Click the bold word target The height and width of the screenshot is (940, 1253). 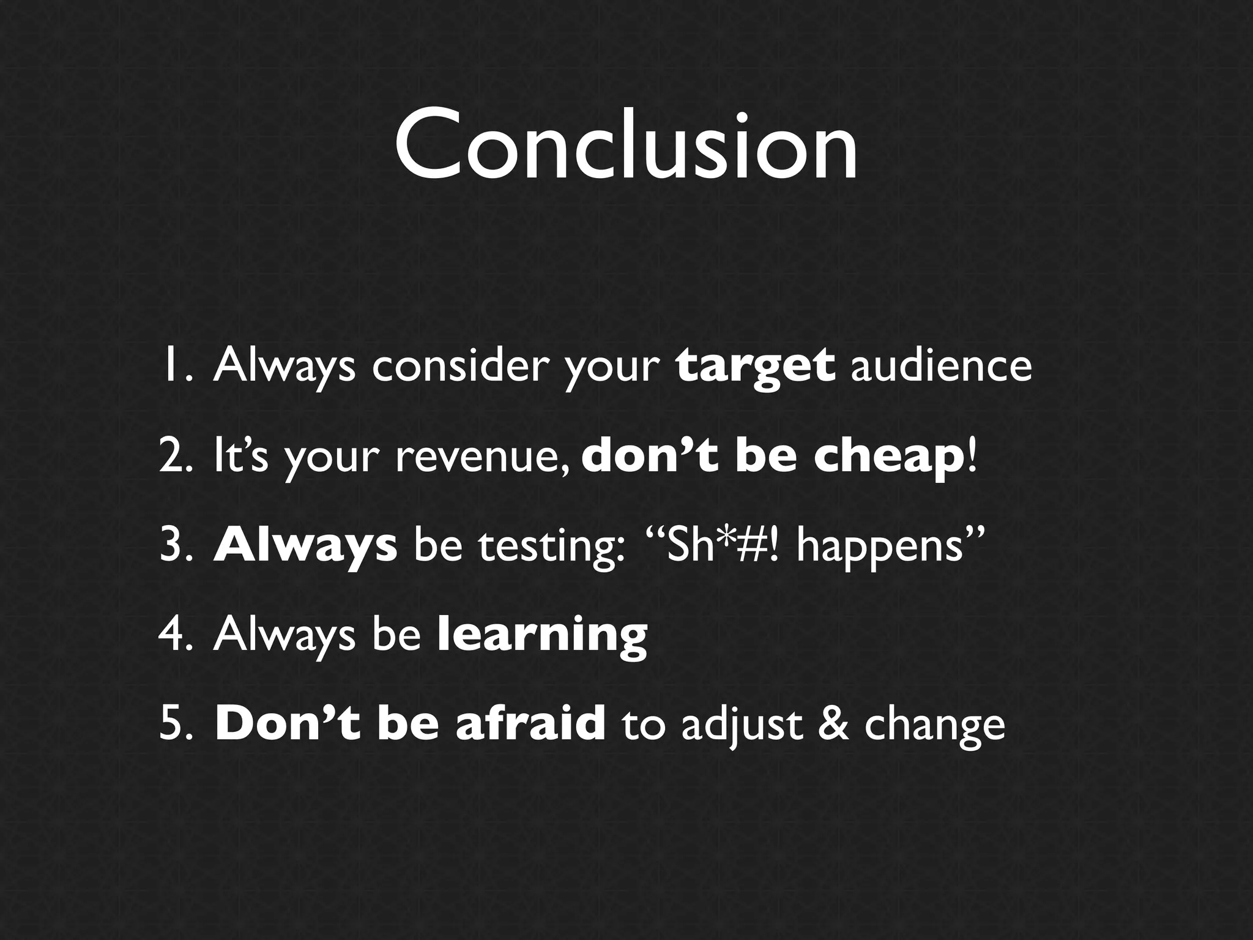point(755,366)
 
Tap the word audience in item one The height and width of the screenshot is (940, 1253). point(941,366)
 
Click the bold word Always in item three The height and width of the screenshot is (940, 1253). point(305,546)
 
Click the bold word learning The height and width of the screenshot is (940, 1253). point(543,636)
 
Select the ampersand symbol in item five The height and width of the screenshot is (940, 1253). point(833,725)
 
